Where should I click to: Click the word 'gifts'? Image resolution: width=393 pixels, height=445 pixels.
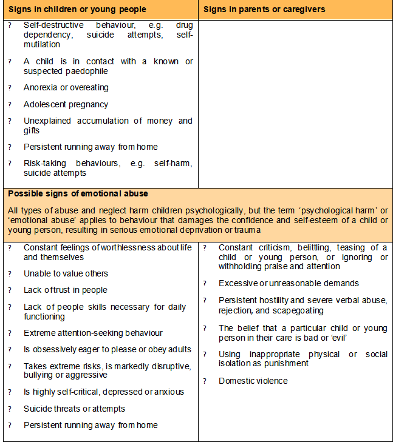pos(32,130)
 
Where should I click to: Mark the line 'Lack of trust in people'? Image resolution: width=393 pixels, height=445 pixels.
pos(65,290)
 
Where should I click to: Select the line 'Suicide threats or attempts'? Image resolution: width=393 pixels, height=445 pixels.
pos(74,409)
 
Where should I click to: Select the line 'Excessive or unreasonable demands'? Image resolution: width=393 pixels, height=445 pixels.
pos(289,283)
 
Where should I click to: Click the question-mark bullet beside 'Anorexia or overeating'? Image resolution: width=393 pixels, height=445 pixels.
pos(9,88)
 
